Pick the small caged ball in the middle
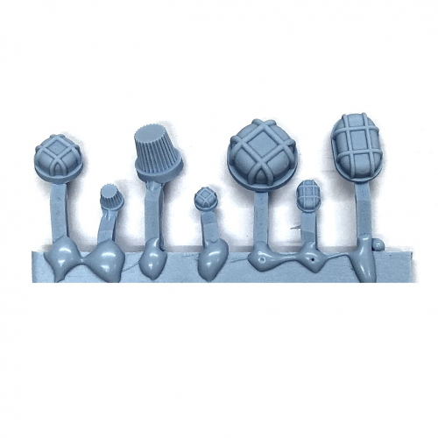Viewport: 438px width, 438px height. pos(206,200)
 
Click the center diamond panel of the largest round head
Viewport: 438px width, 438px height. pos(261,146)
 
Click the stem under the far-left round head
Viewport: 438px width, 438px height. pos(60,210)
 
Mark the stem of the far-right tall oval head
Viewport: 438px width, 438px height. pos(363,210)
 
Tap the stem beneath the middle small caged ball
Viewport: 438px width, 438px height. pos(210,230)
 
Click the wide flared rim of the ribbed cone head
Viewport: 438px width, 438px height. pos(159,168)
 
